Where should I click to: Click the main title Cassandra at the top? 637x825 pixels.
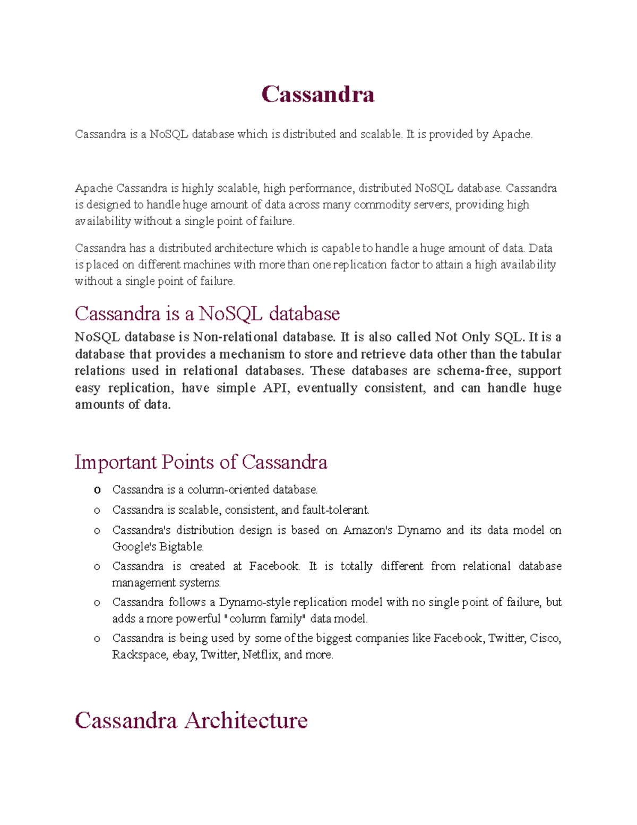coord(318,95)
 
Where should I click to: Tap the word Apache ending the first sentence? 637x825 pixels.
coord(512,134)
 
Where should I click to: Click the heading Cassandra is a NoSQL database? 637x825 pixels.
coord(207,313)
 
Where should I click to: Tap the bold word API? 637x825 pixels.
coord(276,388)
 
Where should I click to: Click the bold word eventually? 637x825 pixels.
coord(326,388)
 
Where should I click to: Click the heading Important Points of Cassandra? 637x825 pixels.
coord(201,462)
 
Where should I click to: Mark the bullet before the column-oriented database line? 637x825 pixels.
coord(97,490)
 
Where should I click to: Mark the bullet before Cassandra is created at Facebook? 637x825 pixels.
coord(97,567)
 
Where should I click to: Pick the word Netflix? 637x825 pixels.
coord(260,655)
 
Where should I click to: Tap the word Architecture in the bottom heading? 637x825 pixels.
coord(246,721)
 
